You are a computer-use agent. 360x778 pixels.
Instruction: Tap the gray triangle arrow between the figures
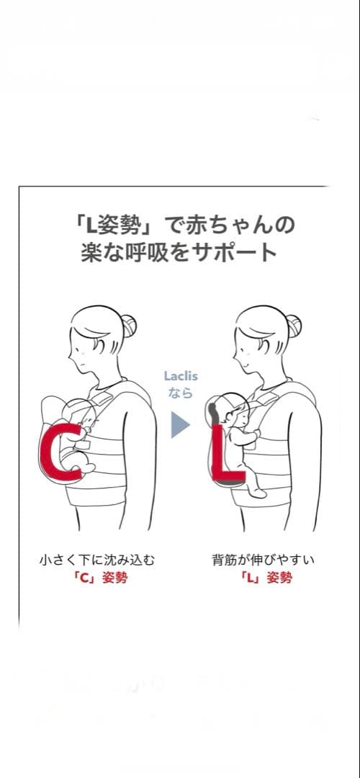click(180, 425)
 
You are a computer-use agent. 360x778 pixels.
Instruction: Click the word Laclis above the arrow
click(180, 376)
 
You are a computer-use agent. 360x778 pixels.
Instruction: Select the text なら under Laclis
click(180, 393)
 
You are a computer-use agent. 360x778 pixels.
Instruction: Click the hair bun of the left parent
click(129, 326)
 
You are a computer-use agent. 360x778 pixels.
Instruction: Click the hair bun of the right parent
click(294, 326)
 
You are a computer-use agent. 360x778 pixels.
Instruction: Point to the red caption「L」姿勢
click(266, 578)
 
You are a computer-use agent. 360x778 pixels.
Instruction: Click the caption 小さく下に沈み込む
click(97, 560)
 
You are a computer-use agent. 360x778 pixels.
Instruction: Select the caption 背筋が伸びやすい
click(264, 560)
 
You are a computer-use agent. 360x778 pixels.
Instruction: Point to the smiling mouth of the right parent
click(243, 365)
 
